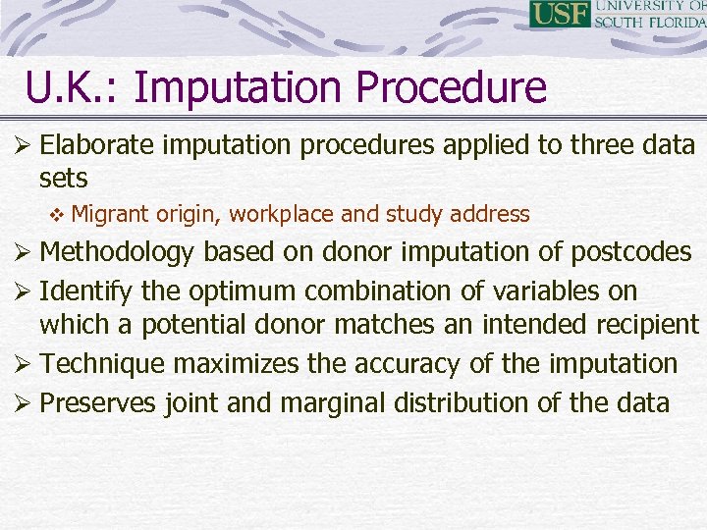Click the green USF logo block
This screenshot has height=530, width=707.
[560, 14]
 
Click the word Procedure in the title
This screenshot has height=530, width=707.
[451, 87]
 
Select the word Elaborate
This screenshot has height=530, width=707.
[97, 145]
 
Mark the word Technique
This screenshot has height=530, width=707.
[104, 363]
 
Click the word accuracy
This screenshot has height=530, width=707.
[403, 363]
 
